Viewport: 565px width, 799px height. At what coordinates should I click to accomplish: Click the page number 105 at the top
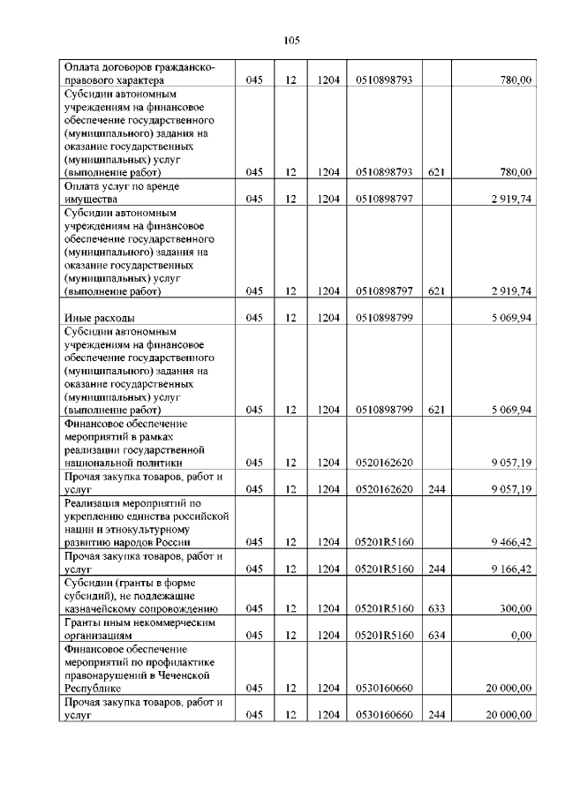click(x=293, y=40)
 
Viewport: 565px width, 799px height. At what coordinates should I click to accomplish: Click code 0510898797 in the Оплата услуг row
click(x=384, y=200)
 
